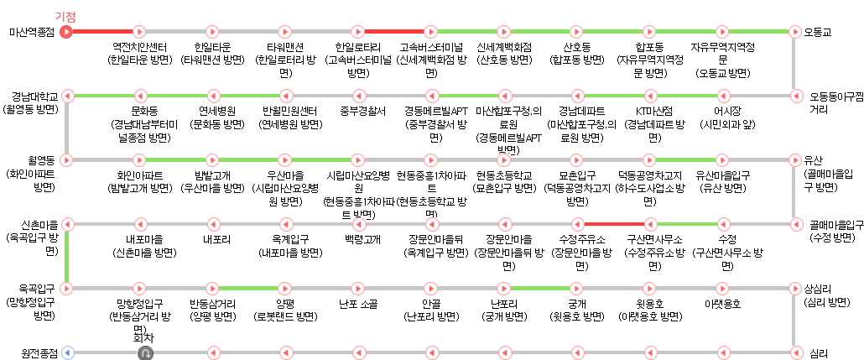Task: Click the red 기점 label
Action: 65,17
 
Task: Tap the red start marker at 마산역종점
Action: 68,32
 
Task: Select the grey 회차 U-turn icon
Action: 145,352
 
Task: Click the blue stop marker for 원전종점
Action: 68,352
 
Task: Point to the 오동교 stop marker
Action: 794,32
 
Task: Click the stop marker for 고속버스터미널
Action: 431,32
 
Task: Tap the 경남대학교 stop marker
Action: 68,96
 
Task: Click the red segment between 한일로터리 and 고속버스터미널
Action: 395,32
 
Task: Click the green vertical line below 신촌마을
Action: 68,256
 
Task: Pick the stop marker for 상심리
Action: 794,288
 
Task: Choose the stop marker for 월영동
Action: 68,159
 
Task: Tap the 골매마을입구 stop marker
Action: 794,224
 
